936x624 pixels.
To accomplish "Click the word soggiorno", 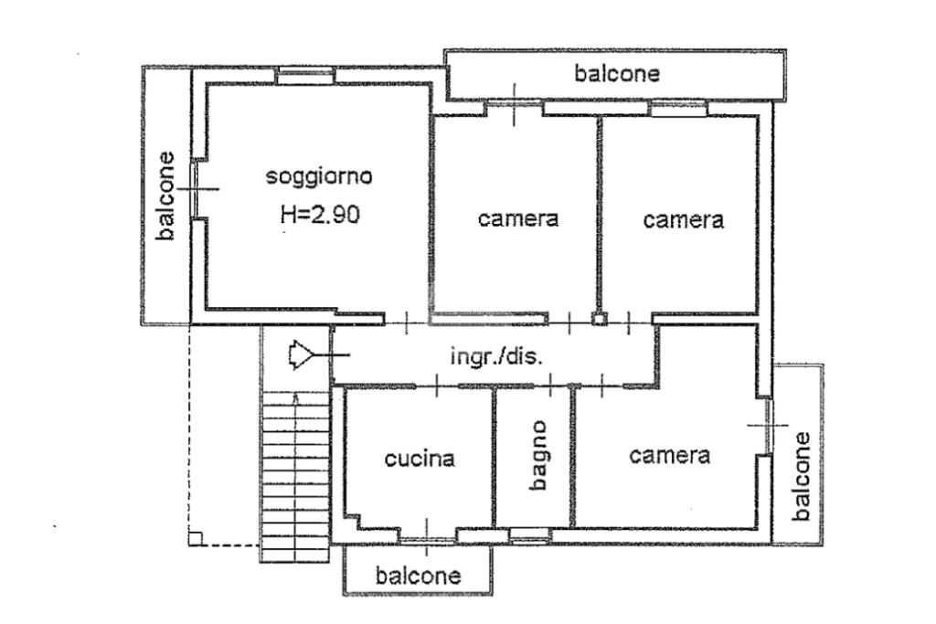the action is click(x=319, y=176).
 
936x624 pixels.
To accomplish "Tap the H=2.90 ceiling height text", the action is click(x=321, y=214).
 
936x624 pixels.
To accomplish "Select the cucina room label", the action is click(x=420, y=459).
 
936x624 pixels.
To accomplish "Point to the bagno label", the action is click(x=538, y=455).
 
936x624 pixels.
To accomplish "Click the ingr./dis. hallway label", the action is click(x=496, y=356).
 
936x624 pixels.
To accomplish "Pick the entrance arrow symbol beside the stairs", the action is click(x=301, y=355).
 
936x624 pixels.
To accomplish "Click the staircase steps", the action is click(x=296, y=477).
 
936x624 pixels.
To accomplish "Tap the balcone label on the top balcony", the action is click(x=617, y=74).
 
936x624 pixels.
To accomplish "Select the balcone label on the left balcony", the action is click(x=165, y=196).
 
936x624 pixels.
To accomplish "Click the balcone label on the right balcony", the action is click(x=802, y=476).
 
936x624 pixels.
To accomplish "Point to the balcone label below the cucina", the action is click(x=418, y=576).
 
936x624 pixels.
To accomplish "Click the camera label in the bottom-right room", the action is click(x=669, y=456).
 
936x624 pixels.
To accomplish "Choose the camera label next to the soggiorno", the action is click(x=518, y=218).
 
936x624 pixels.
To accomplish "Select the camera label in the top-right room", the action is click(x=684, y=220).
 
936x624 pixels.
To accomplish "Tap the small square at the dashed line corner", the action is click(x=196, y=539).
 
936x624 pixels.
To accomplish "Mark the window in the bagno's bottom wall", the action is click(x=529, y=535).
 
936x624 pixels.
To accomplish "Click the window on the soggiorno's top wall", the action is click(x=305, y=76).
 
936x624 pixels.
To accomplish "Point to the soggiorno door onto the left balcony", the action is click(x=196, y=189).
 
